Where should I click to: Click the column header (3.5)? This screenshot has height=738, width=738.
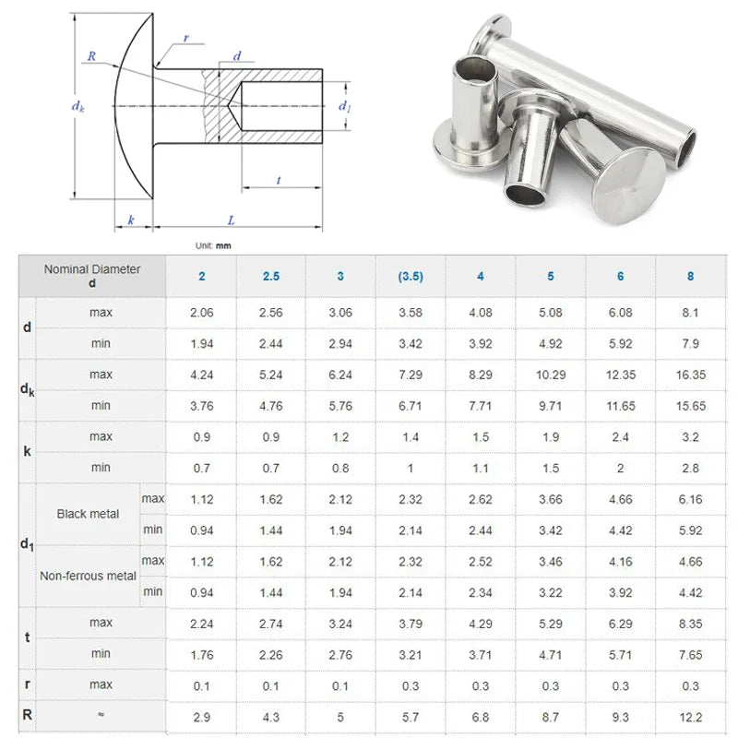pyautogui.click(x=411, y=276)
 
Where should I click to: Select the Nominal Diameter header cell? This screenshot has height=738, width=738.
pyautogui.click(x=92, y=276)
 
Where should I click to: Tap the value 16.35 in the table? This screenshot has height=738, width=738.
pyautogui.click(x=690, y=375)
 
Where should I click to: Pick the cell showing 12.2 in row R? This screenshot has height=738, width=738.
pyautogui.click(x=690, y=716)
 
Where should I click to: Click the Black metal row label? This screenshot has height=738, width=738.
pyautogui.click(x=88, y=514)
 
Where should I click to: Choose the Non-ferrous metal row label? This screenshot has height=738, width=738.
pyautogui.click(x=88, y=576)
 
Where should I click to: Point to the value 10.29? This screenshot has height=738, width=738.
pyautogui.click(x=550, y=375)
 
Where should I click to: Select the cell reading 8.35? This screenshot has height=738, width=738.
pyautogui.click(x=690, y=624)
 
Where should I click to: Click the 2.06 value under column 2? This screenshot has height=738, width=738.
pyautogui.click(x=201, y=313)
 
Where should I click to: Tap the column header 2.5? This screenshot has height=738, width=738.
pyautogui.click(x=271, y=276)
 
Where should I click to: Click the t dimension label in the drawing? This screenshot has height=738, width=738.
pyautogui.click(x=279, y=180)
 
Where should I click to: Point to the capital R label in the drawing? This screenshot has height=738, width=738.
pyautogui.click(x=90, y=56)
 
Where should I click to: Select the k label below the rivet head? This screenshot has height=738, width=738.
pyautogui.click(x=132, y=220)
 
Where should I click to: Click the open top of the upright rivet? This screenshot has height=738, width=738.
pyautogui.click(x=468, y=66)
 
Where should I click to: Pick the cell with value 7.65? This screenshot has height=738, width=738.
pyautogui.click(x=690, y=654)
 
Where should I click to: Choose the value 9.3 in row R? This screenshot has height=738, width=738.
pyautogui.click(x=620, y=716)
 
